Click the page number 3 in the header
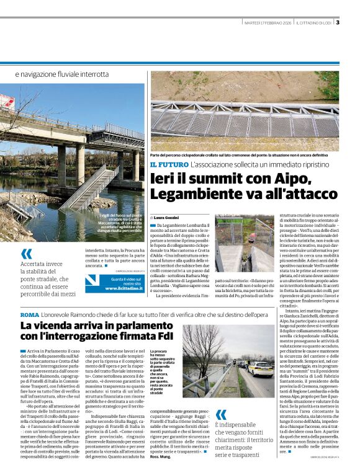(x=338, y=23)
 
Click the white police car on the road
(x=259, y=368)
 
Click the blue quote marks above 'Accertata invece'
(x=26, y=254)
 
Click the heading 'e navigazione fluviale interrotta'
(x=61, y=74)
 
